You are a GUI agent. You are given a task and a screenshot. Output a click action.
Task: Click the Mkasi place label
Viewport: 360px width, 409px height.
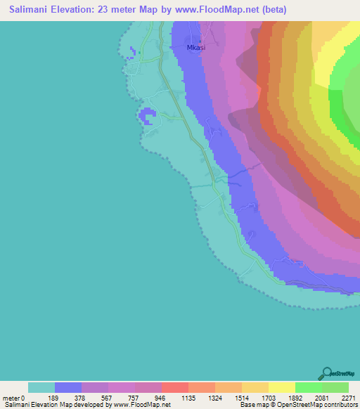tap(196, 48)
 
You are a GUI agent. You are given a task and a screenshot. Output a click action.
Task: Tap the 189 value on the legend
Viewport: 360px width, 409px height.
tap(54, 398)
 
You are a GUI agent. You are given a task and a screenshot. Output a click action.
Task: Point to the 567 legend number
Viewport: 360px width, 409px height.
tap(108, 398)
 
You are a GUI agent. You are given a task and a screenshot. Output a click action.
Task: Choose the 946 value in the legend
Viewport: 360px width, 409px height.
tap(161, 398)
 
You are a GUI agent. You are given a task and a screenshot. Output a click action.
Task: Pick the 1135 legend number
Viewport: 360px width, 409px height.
tap(188, 398)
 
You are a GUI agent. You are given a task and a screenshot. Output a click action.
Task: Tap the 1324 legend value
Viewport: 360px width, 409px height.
tap(214, 398)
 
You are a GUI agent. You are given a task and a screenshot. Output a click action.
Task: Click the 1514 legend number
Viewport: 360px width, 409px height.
tap(241, 398)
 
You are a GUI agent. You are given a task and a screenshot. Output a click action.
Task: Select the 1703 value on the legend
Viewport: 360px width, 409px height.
tap(268, 398)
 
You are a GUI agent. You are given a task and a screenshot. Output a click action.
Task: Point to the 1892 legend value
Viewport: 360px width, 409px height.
tap(295, 398)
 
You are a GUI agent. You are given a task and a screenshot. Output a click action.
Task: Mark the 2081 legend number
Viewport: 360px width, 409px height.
tap(321, 398)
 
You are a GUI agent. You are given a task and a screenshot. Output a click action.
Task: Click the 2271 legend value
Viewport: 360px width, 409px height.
tap(348, 398)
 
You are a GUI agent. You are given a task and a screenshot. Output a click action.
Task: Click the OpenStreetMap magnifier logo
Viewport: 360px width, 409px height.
tap(326, 372)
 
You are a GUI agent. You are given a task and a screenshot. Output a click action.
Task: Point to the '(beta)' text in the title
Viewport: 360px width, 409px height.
tap(272, 11)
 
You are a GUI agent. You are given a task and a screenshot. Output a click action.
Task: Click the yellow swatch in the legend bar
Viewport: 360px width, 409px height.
tap(281, 387)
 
